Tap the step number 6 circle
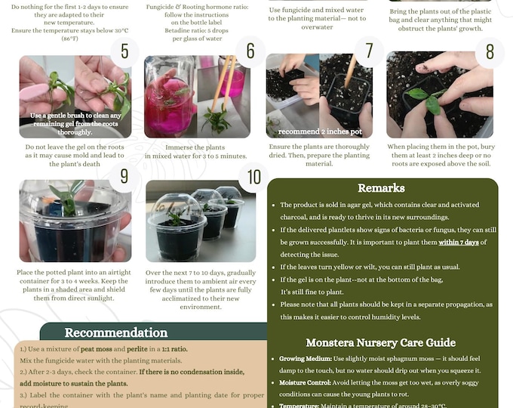click(x=250, y=51)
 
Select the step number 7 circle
click(x=370, y=51)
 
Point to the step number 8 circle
click(x=490, y=52)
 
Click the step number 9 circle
click(x=124, y=177)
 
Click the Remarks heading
click(x=381, y=188)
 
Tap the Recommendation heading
click(x=116, y=332)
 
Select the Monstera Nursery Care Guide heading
click(x=380, y=342)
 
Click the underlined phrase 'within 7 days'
click(x=459, y=243)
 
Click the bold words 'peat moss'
click(x=100, y=349)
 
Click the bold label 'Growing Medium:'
click(x=306, y=358)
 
